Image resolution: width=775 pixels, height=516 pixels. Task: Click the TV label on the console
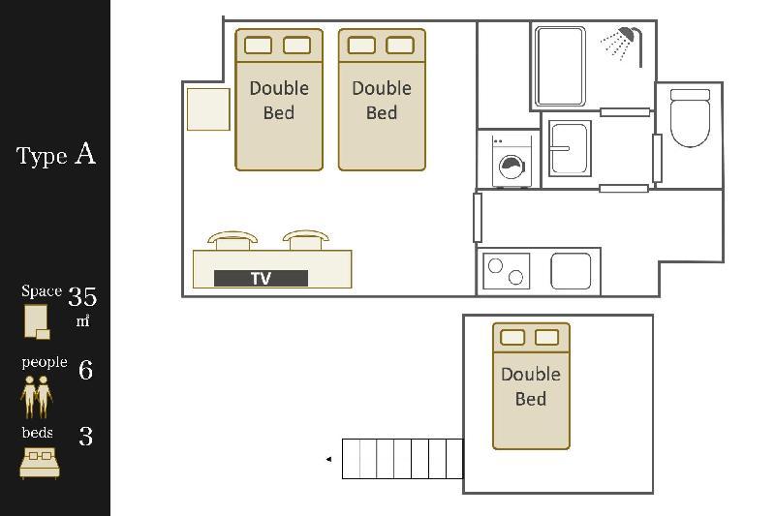pyautogui.click(x=261, y=278)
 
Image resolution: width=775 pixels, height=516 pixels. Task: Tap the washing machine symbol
pyautogui.click(x=512, y=162)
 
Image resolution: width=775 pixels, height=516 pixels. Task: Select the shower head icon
pyautogui.click(x=621, y=45)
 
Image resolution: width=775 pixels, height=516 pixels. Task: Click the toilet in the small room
pyautogui.click(x=690, y=117)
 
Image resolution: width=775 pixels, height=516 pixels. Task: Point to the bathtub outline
pyautogui.click(x=561, y=66)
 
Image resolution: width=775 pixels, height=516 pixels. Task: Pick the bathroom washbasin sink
pyautogui.click(x=570, y=148)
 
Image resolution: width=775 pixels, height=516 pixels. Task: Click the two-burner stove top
pyautogui.click(x=506, y=271)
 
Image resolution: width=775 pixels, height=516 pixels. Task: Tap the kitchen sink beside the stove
pyautogui.click(x=571, y=271)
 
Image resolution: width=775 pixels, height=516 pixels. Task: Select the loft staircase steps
pyautogui.click(x=403, y=459)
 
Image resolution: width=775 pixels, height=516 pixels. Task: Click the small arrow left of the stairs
pyautogui.click(x=328, y=459)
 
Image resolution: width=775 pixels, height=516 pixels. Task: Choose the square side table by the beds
pyautogui.click(x=208, y=109)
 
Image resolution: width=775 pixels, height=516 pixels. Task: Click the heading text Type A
pyautogui.click(x=56, y=155)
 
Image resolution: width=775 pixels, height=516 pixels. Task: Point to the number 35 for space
pyautogui.click(x=82, y=297)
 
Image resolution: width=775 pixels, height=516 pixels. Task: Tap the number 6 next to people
pyautogui.click(x=85, y=370)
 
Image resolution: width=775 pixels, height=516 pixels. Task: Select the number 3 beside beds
pyautogui.click(x=86, y=436)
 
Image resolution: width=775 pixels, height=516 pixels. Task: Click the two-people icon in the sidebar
pyautogui.click(x=37, y=397)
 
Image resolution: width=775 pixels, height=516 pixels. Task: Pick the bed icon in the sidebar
pyautogui.click(x=40, y=463)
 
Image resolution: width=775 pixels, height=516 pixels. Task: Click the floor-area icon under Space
pyautogui.click(x=37, y=322)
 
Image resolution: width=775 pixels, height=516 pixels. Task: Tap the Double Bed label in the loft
pyautogui.click(x=531, y=386)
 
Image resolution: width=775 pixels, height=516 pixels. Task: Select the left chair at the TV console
pyautogui.click(x=232, y=240)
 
